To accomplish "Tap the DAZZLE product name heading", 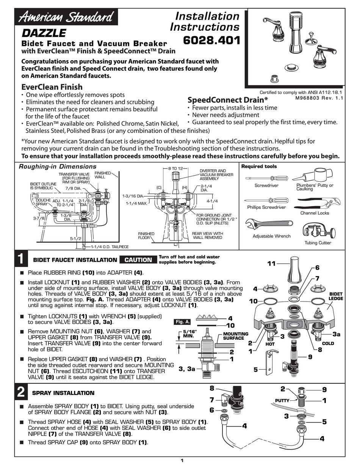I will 44,33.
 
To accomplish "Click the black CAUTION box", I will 138,260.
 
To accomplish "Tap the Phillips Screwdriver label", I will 266,207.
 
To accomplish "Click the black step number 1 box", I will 22,260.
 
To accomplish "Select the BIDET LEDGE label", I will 335,296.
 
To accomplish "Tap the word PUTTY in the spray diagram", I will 283,400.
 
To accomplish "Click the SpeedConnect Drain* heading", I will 228,100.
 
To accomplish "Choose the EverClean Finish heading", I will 52,87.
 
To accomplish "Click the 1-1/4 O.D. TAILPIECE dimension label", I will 110,247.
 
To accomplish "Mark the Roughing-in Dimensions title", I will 58,167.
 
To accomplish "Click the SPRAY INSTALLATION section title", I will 64,393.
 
